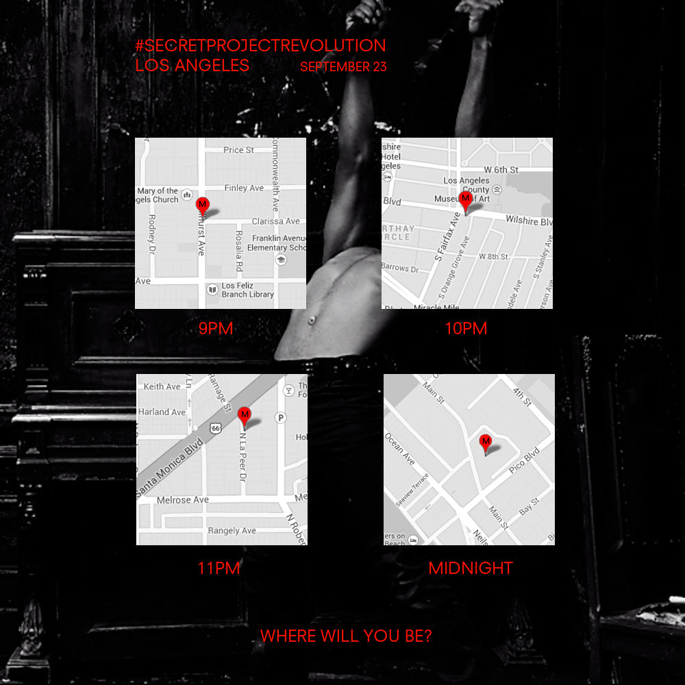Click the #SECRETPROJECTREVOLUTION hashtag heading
260,46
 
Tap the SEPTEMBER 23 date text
343,67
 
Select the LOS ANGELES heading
192,66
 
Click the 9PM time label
216,329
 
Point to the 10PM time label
466,329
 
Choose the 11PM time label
219,568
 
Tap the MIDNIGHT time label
471,568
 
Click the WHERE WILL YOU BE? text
346,636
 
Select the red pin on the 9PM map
202,204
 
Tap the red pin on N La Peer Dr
244,416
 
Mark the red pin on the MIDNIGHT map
486,442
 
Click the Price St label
238,150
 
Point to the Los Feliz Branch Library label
247,290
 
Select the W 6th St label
501,169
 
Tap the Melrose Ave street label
183,500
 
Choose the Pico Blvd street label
525,461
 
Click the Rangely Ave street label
232,530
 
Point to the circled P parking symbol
280,417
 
